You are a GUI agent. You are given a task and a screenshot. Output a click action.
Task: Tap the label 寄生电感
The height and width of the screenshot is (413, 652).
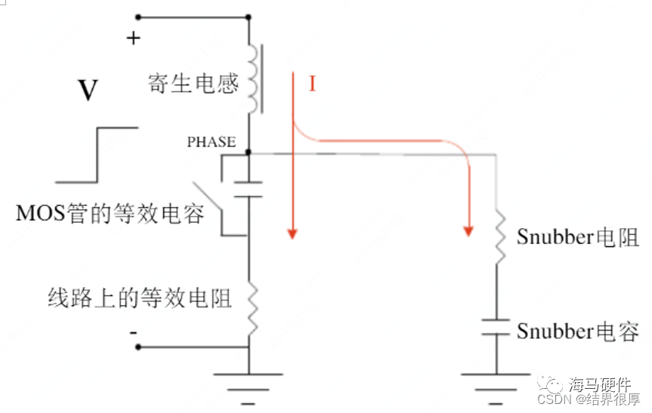tap(193, 83)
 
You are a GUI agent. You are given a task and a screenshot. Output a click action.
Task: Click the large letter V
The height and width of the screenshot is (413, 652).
tap(88, 91)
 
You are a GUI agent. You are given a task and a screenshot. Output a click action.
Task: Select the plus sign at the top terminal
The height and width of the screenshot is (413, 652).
tap(133, 39)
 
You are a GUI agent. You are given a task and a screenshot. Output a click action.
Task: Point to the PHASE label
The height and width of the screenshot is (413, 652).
tap(212, 142)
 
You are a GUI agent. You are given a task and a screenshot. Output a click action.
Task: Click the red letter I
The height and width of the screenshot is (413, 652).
tap(311, 84)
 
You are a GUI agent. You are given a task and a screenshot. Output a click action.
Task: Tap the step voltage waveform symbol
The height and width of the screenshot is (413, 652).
tap(97, 155)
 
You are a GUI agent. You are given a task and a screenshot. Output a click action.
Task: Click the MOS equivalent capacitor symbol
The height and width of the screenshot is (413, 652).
tap(249, 189)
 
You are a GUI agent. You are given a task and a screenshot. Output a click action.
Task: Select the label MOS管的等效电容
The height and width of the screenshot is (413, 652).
tap(110, 214)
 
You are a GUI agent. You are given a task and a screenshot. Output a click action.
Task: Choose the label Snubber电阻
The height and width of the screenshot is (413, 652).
tap(578, 237)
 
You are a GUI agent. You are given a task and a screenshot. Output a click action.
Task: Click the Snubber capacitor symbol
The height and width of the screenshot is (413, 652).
tap(497, 327)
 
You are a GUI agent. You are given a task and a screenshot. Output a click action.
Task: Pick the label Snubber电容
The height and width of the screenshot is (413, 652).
tap(578, 331)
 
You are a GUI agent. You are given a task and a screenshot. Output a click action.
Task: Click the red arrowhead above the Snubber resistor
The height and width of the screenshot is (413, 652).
tap(469, 229)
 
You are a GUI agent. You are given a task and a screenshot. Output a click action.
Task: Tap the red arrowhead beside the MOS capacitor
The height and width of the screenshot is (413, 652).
tap(291, 235)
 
